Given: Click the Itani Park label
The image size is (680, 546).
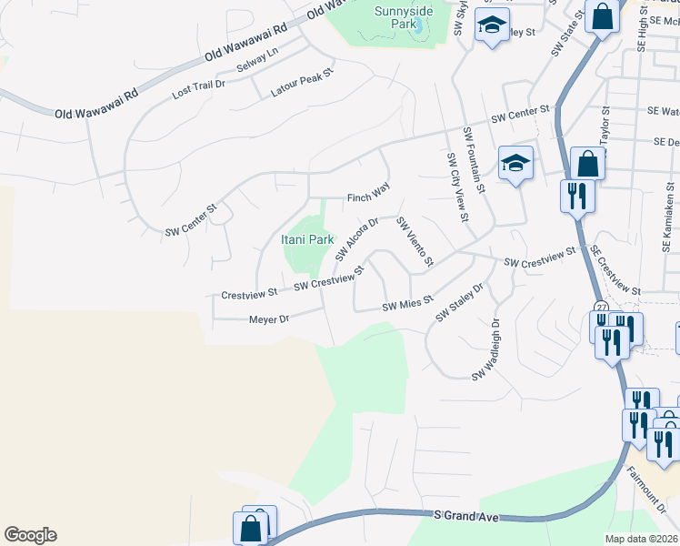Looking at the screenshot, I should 306,239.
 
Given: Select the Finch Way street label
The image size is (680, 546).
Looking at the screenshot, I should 368,197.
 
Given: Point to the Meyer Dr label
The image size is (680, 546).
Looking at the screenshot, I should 269,319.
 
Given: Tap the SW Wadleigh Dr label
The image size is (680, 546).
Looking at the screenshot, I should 486,350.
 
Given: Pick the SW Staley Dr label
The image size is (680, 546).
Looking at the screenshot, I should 459,301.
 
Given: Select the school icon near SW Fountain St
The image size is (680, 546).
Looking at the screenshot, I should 515,164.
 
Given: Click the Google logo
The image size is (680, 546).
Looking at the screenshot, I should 30,535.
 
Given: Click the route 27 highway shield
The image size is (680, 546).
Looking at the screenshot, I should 602,306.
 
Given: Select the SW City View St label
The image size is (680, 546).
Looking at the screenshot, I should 456,186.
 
